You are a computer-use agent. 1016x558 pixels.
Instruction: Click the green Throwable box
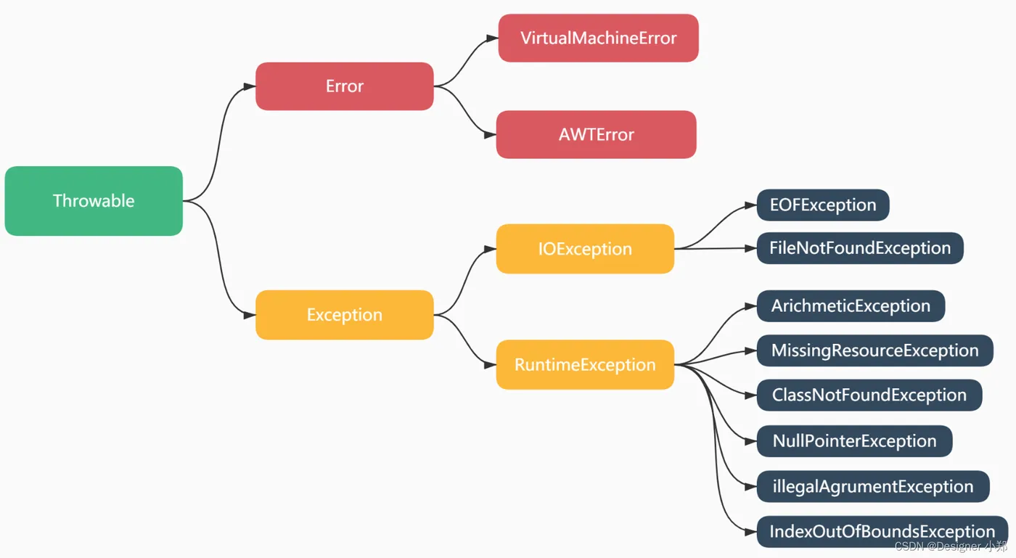click(94, 201)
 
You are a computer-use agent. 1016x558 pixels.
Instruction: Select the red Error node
click(345, 86)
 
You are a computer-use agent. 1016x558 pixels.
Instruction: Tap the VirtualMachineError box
click(598, 38)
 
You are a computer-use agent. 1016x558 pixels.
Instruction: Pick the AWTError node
click(597, 135)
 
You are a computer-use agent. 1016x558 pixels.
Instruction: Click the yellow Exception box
click(345, 315)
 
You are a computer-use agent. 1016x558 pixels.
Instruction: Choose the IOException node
click(585, 249)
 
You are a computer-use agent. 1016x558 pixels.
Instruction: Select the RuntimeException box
click(585, 365)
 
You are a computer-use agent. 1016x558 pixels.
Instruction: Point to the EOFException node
click(823, 205)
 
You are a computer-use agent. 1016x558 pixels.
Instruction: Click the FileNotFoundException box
click(861, 248)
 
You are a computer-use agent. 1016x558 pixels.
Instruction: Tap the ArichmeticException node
click(851, 306)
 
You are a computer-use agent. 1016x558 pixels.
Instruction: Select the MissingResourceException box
click(875, 350)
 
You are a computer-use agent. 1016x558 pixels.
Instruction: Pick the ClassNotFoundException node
click(869, 395)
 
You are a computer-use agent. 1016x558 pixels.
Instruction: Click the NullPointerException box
click(855, 441)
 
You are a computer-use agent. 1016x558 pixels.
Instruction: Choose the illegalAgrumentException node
click(873, 486)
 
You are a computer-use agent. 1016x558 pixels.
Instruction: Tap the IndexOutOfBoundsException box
click(882, 531)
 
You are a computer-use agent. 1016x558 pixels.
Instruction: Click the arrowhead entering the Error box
click(250, 86)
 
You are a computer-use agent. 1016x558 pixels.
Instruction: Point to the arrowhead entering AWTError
click(491, 135)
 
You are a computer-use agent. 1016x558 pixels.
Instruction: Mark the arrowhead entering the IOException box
click(491, 249)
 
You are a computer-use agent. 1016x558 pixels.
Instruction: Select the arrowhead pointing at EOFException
click(751, 205)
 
